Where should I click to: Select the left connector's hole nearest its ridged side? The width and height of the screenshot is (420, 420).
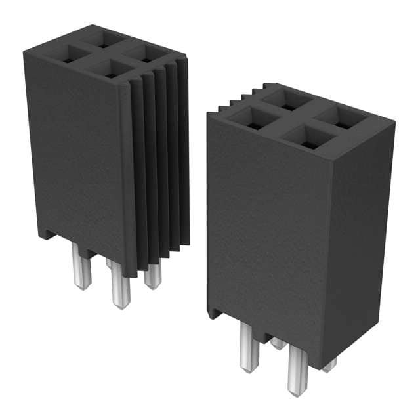145,52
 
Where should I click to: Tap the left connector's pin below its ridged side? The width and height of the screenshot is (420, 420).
152,274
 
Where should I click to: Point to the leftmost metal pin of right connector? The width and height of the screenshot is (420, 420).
249,348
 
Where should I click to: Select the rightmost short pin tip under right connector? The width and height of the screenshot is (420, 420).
329,365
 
